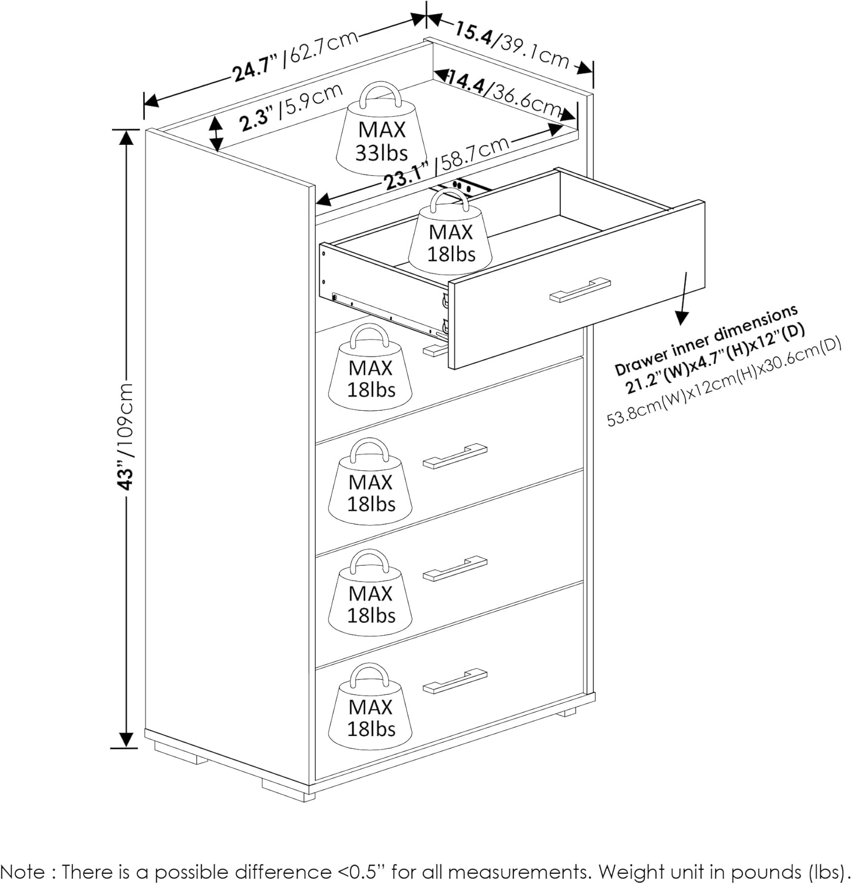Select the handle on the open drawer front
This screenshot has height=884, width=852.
click(x=580, y=289)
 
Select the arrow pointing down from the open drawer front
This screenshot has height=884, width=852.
click(x=683, y=298)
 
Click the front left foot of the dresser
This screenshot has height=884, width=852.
click(x=289, y=790)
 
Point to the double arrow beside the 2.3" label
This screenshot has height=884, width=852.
click(x=216, y=133)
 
